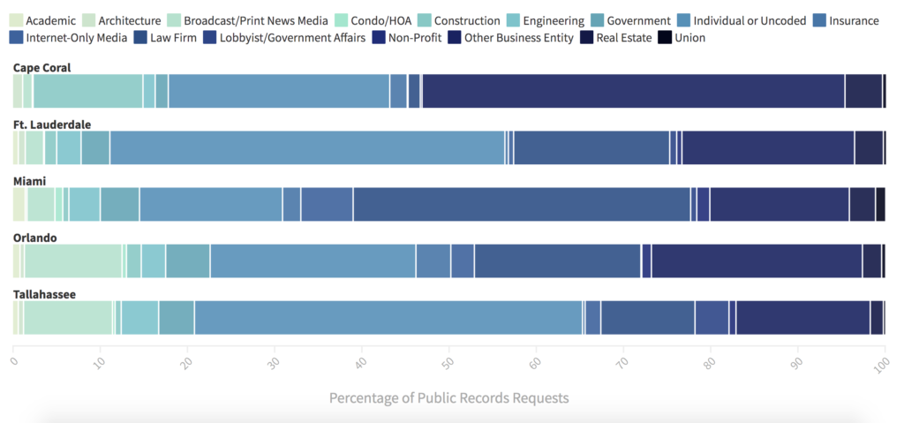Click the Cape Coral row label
point(41,68)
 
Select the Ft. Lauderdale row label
point(52,125)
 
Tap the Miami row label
point(29,181)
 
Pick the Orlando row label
point(35,238)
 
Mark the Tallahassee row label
point(44,294)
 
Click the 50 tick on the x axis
point(449,361)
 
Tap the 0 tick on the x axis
point(13,361)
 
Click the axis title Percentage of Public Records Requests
point(448,398)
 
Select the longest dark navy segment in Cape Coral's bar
point(633,91)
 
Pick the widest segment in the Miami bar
point(521,205)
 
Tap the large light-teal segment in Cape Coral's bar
point(87,91)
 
